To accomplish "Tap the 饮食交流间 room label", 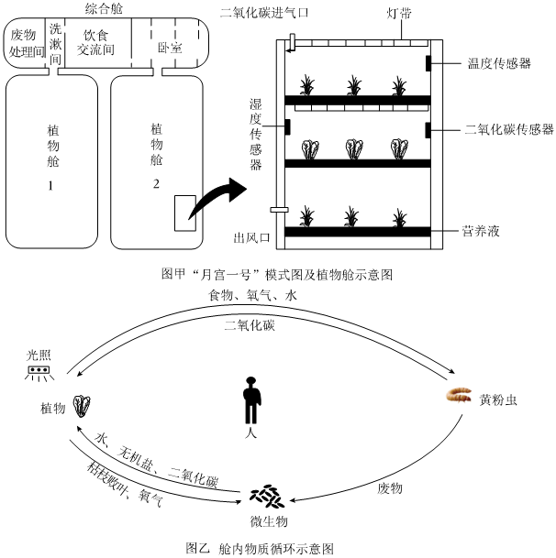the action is point(95,43).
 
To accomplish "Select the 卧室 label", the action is point(170,48).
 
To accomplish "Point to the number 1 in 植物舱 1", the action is point(50,185).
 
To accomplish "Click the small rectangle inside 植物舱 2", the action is point(185,213).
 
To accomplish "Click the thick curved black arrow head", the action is point(238,190).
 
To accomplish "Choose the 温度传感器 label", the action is point(499,63).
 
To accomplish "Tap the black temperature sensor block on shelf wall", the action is point(428,63).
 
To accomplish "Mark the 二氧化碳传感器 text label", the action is point(509,129).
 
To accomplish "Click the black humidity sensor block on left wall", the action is point(287,127).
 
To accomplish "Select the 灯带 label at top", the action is point(399,14).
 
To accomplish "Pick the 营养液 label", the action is point(481,231).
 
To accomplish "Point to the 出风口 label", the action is point(251,237).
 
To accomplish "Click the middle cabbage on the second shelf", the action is point(354,148).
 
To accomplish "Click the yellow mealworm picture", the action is point(459,395).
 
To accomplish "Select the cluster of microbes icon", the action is point(267,496).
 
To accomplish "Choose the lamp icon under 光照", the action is point(39,373).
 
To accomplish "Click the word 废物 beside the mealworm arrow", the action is point(390,488).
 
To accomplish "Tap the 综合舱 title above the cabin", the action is point(104,8).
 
